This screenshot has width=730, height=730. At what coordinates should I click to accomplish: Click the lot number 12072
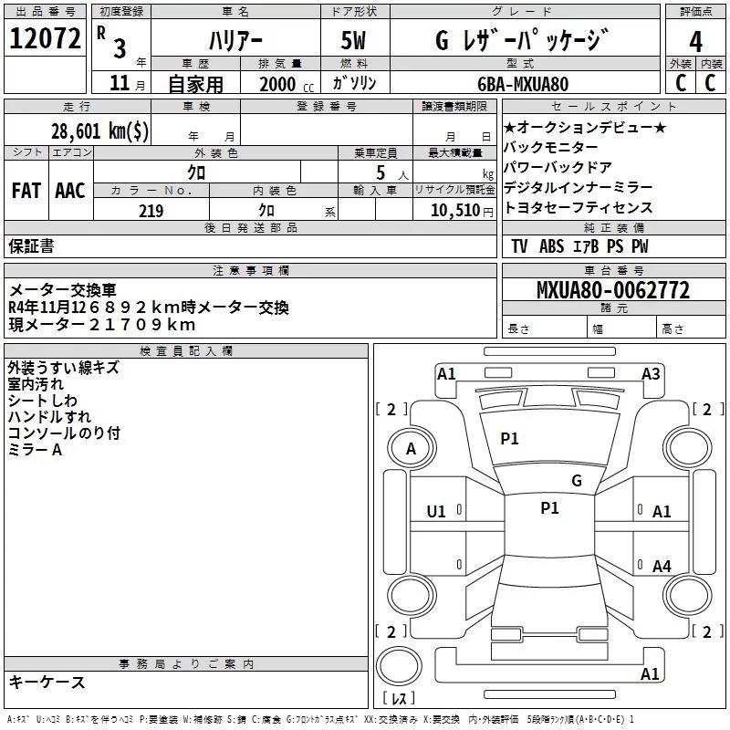(44, 38)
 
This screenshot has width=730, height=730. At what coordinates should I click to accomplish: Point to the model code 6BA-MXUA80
(523, 84)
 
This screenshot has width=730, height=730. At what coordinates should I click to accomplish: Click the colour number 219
(151, 211)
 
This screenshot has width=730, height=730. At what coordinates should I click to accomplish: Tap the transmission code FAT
(26, 190)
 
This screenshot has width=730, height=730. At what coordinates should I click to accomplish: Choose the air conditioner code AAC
(70, 190)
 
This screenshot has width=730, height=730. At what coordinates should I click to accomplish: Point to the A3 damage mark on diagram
(651, 373)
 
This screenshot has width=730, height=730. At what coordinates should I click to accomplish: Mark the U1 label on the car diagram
(436, 512)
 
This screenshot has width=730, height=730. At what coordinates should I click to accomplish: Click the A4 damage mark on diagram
(662, 567)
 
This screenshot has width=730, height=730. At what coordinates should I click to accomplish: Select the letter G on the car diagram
(577, 481)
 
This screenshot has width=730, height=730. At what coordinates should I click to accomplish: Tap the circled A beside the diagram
(411, 449)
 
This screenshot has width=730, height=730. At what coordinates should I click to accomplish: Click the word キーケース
(47, 682)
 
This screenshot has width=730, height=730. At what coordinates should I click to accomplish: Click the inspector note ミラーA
(35, 450)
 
